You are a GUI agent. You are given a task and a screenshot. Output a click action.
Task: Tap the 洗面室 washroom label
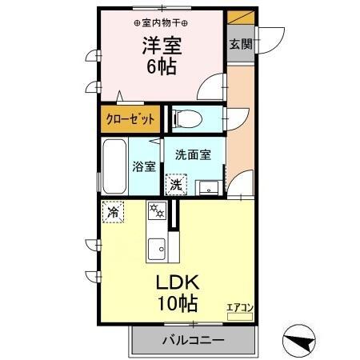click(x=194, y=155)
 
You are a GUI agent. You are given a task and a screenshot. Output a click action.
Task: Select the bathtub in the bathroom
click(x=113, y=165)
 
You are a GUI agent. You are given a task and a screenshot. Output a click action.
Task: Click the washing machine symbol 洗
click(x=174, y=184)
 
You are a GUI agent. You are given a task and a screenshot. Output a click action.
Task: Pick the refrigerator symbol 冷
click(x=114, y=213)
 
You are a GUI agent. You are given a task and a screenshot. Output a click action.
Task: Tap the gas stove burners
click(x=157, y=213)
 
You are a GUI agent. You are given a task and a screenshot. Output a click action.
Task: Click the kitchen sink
click(x=157, y=246)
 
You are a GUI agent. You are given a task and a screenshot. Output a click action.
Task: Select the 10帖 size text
click(x=178, y=303)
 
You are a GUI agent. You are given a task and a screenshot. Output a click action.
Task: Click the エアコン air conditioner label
click(x=239, y=306)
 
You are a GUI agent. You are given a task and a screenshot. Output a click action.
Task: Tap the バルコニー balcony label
click(x=193, y=339)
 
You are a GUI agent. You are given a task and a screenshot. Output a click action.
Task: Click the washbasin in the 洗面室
click(x=208, y=188)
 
